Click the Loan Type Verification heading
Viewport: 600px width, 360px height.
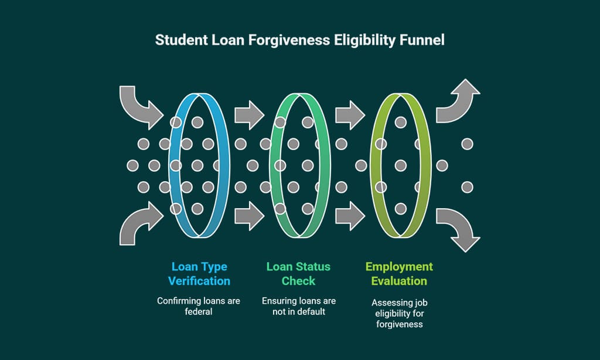(x=199, y=274)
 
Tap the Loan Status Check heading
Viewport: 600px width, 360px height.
(x=298, y=274)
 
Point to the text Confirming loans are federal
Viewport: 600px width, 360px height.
(x=199, y=306)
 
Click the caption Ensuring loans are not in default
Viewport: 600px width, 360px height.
(x=298, y=306)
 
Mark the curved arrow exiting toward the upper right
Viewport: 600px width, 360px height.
(x=458, y=103)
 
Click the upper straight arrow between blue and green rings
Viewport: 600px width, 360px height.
(x=250, y=114)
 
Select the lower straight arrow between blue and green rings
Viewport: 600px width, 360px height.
(x=250, y=216)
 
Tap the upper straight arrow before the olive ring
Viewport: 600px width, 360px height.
(x=350, y=114)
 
